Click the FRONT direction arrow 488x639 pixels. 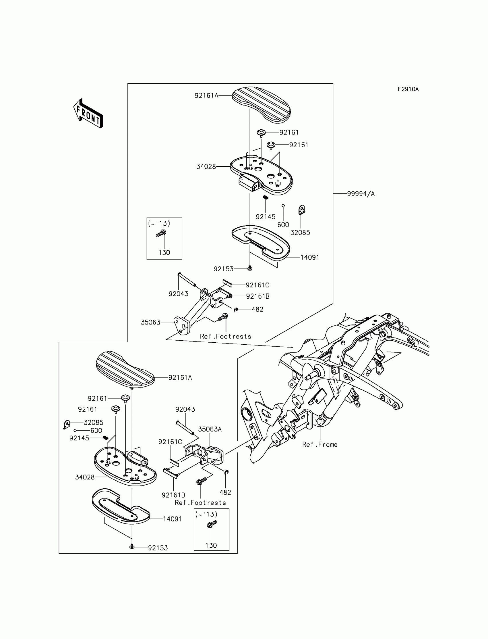click(88, 114)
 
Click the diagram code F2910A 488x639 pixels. click(408, 89)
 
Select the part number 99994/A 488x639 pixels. click(361, 194)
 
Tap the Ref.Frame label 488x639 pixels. click(319, 444)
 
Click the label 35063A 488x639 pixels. click(210, 429)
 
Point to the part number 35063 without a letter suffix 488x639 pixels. click(150, 322)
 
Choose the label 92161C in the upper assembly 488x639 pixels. click(257, 285)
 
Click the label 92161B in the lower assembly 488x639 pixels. click(173, 495)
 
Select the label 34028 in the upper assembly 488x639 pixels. click(206, 167)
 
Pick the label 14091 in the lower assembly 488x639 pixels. click(172, 519)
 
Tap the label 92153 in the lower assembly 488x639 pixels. click(158, 548)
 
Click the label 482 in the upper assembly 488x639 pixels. click(257, 310)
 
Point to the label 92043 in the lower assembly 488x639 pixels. click(185, 409)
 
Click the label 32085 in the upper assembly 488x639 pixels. click(300, 233)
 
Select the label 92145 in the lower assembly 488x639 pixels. click(79, 438)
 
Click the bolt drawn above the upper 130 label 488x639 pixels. click(161, 233)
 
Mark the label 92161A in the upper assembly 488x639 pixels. click(206, 95)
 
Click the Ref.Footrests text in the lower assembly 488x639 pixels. click(200, 502)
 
